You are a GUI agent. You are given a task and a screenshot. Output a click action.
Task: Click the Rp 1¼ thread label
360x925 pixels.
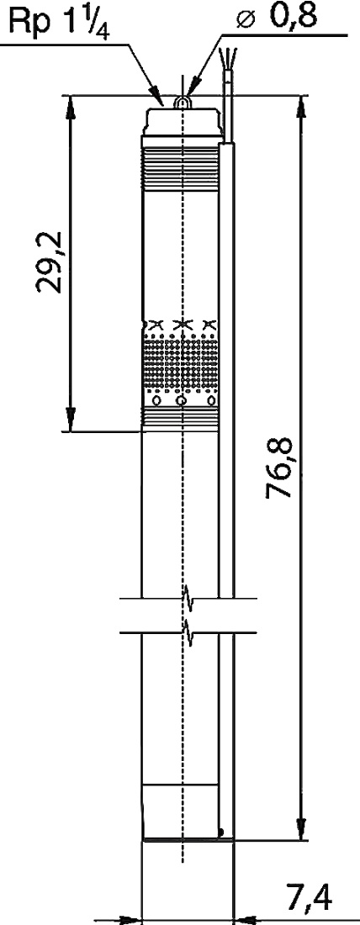coord(59,24)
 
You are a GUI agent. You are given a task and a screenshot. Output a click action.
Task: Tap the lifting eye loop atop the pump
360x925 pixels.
coord(183,103)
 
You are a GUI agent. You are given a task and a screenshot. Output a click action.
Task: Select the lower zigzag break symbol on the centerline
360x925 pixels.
coord(188,632)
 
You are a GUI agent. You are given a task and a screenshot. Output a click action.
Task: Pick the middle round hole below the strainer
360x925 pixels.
coord(181,401)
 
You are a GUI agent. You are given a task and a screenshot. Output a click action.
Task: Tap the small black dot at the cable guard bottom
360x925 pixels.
coord(222,832)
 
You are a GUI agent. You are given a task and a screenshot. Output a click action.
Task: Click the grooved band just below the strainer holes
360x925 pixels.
coord(180,419)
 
